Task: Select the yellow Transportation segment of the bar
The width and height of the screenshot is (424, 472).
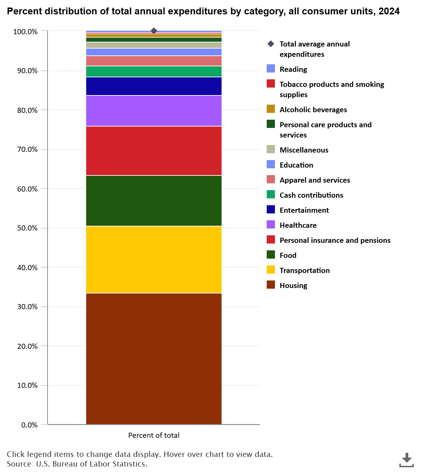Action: click(154, 260)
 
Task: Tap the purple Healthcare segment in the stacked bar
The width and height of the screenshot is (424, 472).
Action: click(154, 111)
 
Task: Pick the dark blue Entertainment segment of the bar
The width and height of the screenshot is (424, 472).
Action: click(154, 86)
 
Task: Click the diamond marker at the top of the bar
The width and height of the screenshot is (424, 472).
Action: click(154, 31)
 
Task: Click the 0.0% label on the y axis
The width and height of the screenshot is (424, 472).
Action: click(29, 425)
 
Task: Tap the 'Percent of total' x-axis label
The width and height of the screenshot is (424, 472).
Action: click(154, 435)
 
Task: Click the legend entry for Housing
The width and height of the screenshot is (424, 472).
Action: click(293, 285)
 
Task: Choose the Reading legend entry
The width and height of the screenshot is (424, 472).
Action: click(293, 69)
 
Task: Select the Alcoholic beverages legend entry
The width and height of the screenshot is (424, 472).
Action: click(313, 109)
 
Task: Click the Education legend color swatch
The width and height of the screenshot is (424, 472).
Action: click(271, 165)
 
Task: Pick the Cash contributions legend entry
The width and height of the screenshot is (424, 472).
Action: click(311, 195)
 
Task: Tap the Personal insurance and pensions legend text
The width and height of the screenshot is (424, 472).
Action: click(335, 240)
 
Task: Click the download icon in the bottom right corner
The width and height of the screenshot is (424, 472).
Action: click(406, 460)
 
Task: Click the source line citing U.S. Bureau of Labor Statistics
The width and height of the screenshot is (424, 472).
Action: click(77, 464)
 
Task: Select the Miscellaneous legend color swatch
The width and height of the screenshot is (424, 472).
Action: click(271, 149)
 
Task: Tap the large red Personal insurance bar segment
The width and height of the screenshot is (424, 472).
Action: click(154, 151)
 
